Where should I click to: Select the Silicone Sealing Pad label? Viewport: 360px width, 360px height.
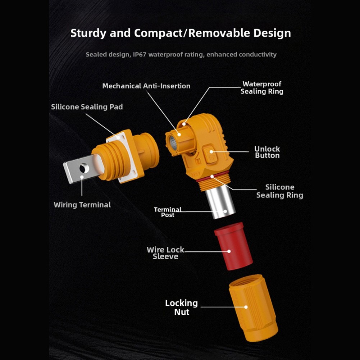[x=87, y=107]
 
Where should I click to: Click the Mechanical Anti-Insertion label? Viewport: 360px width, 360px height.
[x=146, y=86]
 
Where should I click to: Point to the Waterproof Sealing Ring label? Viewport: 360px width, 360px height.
[x=262, y=88]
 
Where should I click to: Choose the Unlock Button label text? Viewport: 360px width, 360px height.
[x=267, y=152]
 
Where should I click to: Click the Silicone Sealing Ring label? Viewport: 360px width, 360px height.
[x=279, y=191]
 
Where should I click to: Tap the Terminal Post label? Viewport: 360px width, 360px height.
[x=168, y=212]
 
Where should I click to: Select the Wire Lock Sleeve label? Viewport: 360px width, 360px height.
[x=165, y=253]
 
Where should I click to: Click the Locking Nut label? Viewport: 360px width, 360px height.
[x=181, y=307]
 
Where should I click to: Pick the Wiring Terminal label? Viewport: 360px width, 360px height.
[x=82, y=205]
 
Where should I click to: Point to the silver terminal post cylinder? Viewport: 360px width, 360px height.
[x=220, y=203]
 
